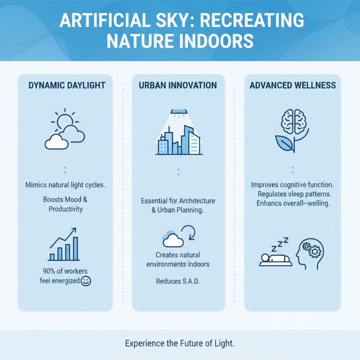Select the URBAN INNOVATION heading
tap(178, 85)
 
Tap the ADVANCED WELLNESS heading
tap(292, 85)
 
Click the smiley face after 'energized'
tap(86, 281)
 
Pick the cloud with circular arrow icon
tap(178, 237)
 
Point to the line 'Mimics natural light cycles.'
tap(65, 184)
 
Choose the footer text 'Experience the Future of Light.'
tap(180, 343)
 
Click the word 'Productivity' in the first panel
tap(65, 209)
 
